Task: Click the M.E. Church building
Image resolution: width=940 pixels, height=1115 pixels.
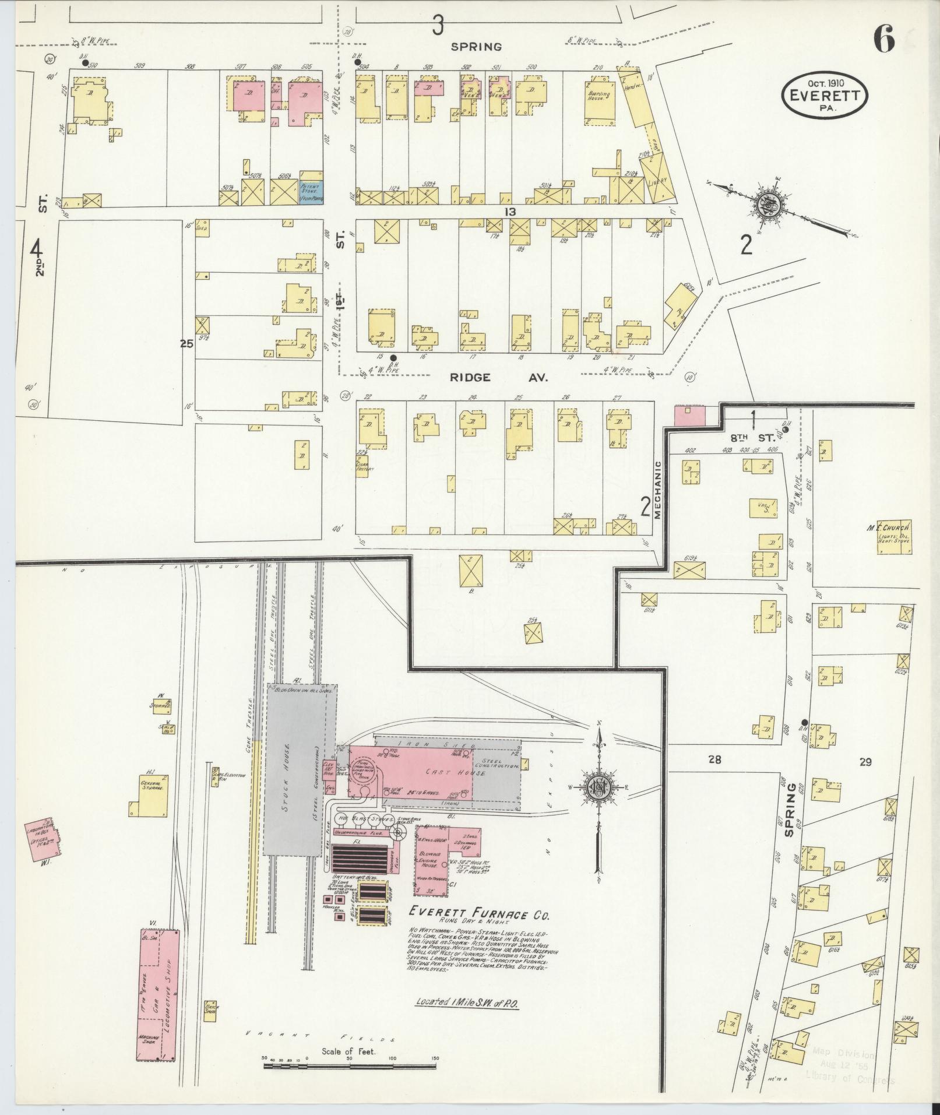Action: click(x=893, y=537)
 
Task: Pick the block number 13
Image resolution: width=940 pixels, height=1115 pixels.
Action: click(x=511, y=212)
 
